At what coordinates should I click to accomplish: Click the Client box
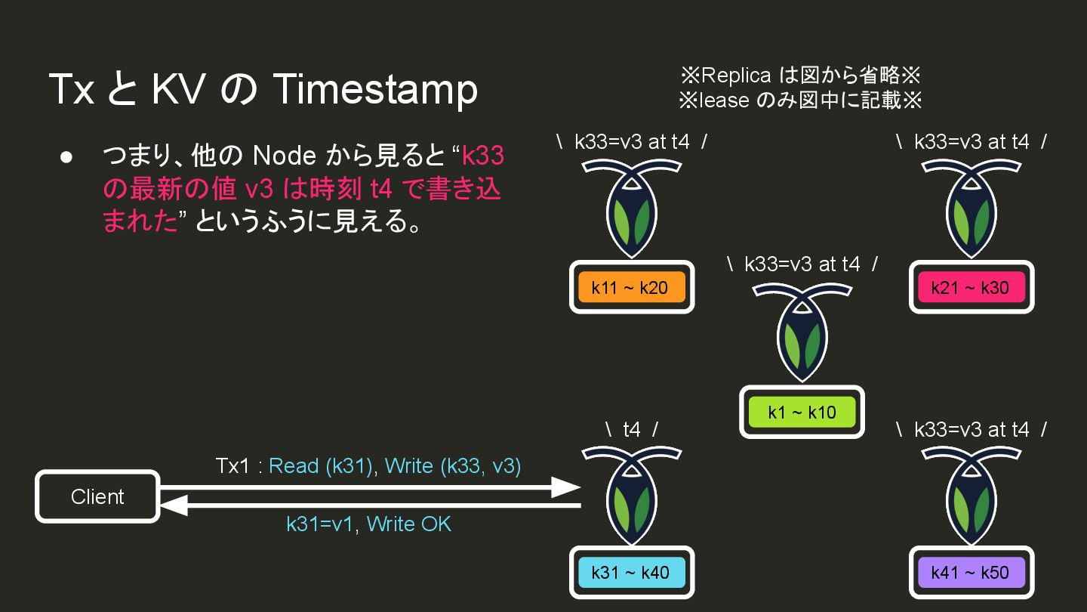click(97, 496)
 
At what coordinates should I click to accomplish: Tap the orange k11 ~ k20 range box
click(631, 287)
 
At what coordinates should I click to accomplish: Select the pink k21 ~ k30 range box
click(971, 287)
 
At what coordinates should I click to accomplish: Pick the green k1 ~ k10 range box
click(802, 412)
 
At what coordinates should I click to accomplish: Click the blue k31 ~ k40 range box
click(631, 572)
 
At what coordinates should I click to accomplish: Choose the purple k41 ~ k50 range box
click(971, 572)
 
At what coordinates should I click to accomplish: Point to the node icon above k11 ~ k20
click(631, 204)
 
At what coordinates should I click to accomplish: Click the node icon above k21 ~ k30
click(971, 204)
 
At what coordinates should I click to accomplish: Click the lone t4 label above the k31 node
click(632, 429)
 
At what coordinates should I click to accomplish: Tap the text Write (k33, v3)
click(453, 465)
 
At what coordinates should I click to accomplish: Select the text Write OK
click(408, 524)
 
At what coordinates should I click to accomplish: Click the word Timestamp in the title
click(374, 89)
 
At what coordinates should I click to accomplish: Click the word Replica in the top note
click(736, 75)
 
